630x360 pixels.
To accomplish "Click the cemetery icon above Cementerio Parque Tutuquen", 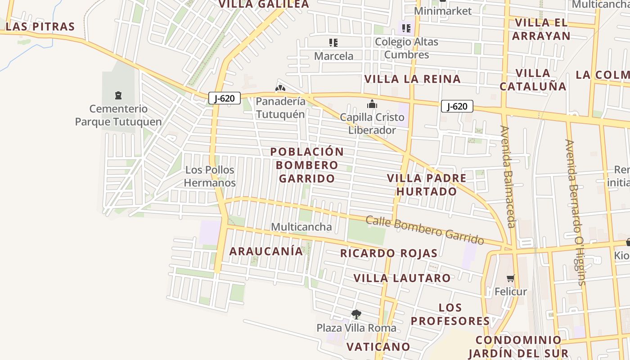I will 118,95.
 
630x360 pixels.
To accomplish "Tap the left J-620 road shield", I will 224,98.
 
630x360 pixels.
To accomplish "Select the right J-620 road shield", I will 457,106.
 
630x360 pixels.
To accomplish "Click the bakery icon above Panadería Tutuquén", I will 280,88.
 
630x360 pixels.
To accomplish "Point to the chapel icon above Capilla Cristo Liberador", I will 372,104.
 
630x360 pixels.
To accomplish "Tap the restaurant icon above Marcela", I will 333,43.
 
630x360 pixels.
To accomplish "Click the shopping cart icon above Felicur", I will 510,278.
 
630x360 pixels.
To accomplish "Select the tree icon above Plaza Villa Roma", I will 356,314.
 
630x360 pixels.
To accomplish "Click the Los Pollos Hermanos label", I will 210,176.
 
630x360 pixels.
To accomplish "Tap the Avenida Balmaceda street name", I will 507,176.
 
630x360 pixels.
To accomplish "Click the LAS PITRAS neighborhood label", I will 40,27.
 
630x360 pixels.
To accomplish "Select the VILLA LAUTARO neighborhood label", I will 402,278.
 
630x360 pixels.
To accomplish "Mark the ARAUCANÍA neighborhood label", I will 266,251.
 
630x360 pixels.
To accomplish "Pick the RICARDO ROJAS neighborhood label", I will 388,253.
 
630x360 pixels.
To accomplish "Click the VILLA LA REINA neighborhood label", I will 412,79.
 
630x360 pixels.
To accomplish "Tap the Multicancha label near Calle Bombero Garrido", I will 301,227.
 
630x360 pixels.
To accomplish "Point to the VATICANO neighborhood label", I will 378,346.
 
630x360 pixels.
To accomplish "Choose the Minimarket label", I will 442,11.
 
